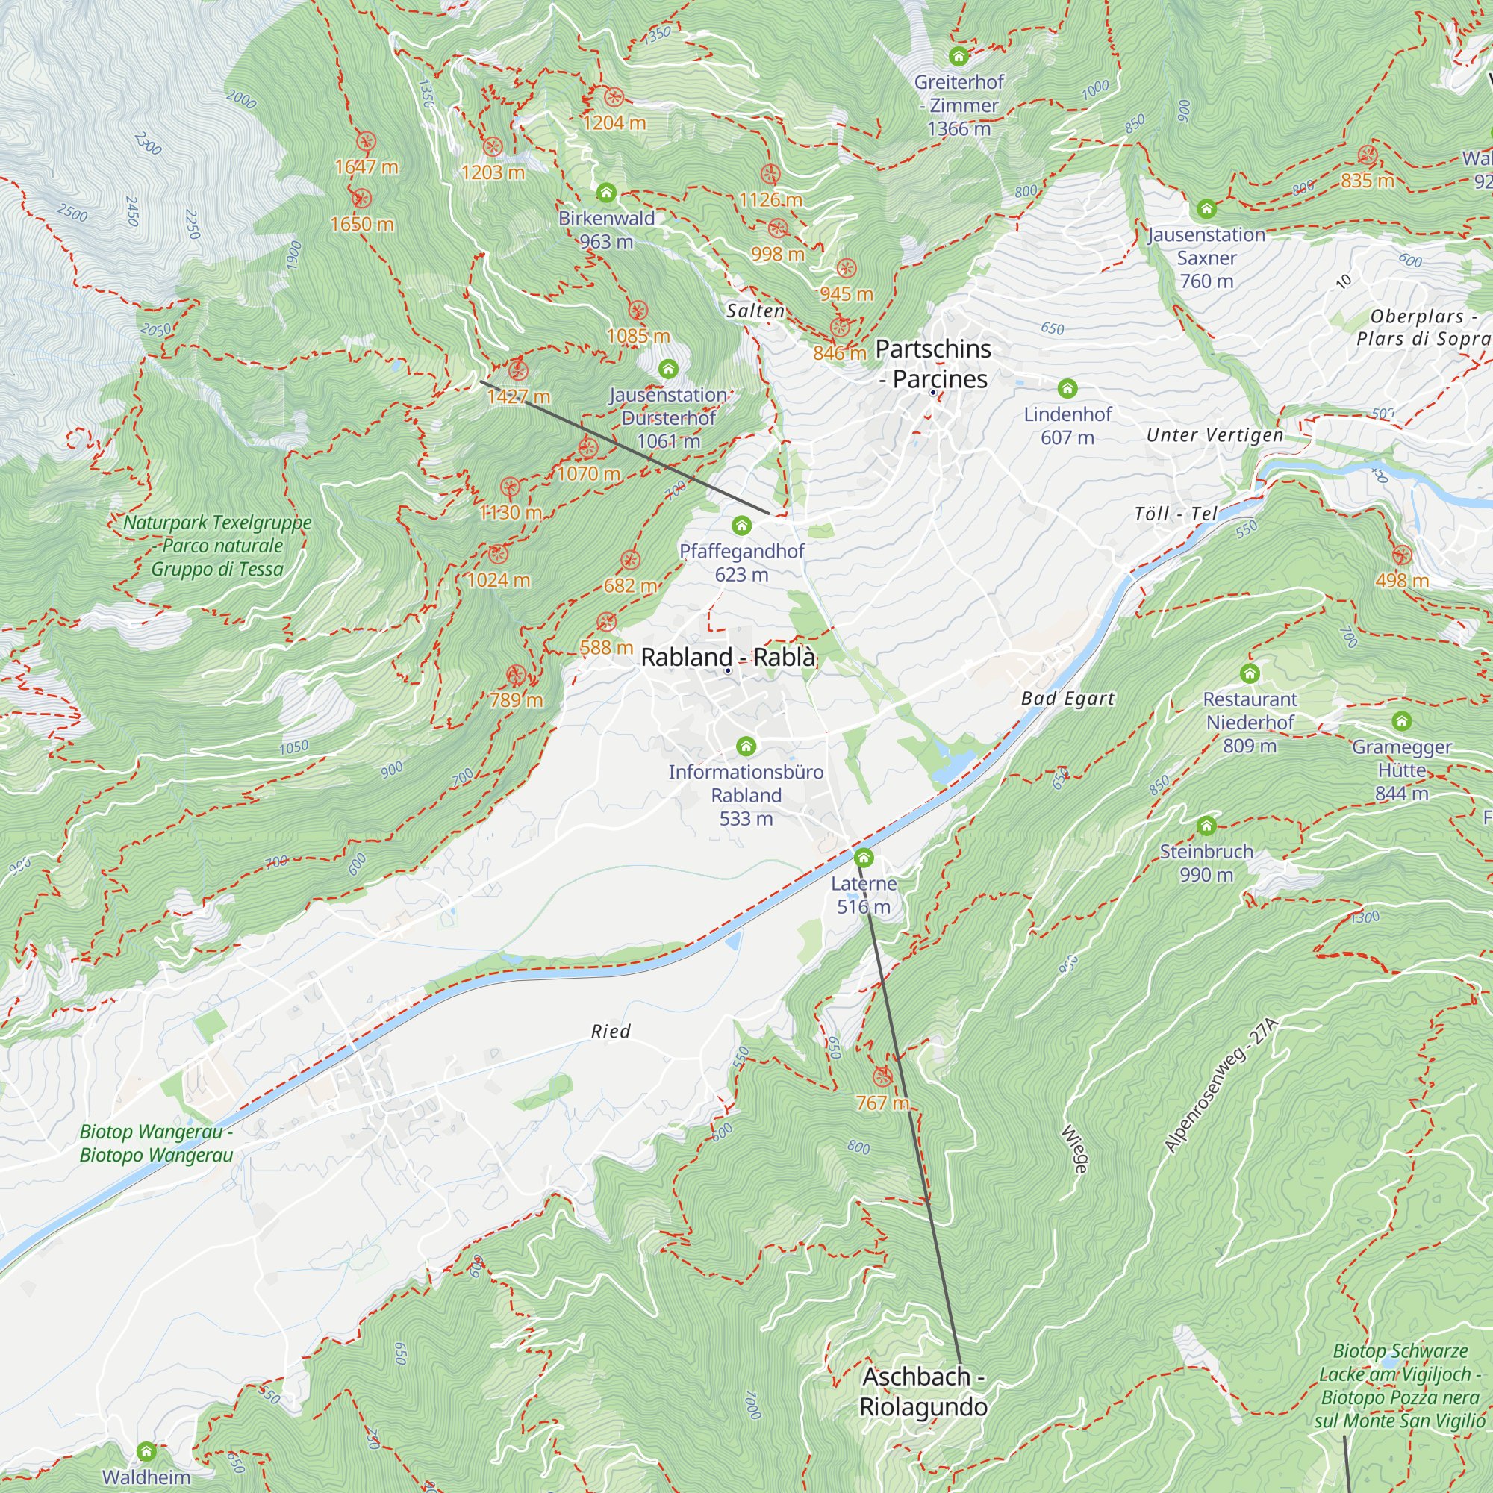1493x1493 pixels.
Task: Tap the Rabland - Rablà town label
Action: click(728, 658)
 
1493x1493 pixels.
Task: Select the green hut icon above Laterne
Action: click(863, 858)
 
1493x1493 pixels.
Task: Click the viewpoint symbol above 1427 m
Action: click(518, 370)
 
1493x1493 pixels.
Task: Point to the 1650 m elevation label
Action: click(361, 224)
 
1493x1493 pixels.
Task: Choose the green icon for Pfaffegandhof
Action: click(741, 526)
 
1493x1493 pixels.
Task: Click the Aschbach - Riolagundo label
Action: click(923, 1391)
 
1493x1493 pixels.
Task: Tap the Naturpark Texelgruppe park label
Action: click(217, 546)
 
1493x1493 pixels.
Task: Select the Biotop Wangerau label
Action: click(156, 1143)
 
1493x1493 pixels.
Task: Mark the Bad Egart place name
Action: click(1067, 699)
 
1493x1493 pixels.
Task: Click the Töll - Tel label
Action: click(1176, 514)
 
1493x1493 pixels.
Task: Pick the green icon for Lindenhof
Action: click(1067, 388)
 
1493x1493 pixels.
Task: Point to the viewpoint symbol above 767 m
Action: click(882, 1076)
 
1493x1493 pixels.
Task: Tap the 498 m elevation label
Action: click(1402, 580)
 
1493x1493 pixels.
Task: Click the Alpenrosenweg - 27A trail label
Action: click(1221, 1088)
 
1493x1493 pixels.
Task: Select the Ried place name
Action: click(611, 1032)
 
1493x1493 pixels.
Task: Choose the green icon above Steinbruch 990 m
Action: click(1206, 826)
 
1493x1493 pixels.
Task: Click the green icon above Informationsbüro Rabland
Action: click(746, 746)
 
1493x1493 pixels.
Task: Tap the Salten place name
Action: click(755, 311)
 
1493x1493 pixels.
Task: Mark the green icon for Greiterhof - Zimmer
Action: click(959, 57)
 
